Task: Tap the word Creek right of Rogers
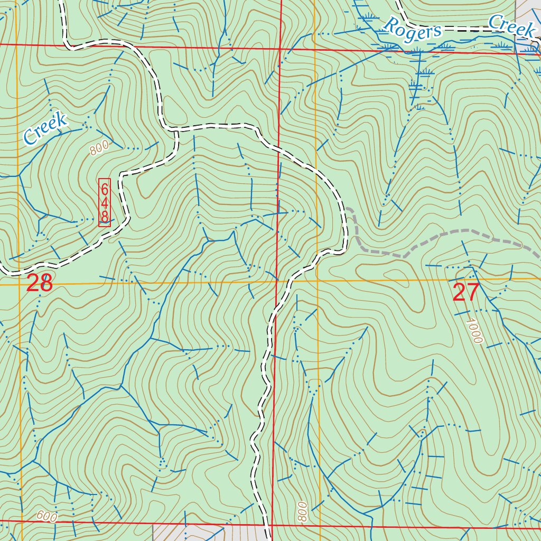pos(511,25)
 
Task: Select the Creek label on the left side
pos(45,128)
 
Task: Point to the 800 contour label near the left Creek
pos(99,148)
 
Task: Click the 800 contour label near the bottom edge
pos(302,512)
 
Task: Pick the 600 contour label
pos(47,516)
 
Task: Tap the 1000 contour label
pos(474,330)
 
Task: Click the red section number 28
pos(40,284)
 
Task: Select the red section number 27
pos(466,292)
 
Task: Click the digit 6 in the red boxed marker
pos(105,189)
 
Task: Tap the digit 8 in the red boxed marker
pos(105,217)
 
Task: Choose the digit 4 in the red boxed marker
pos(105,203)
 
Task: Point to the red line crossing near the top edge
pos(280,49)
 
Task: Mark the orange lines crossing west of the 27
pos(318,281)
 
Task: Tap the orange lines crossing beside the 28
pos(20,285)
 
